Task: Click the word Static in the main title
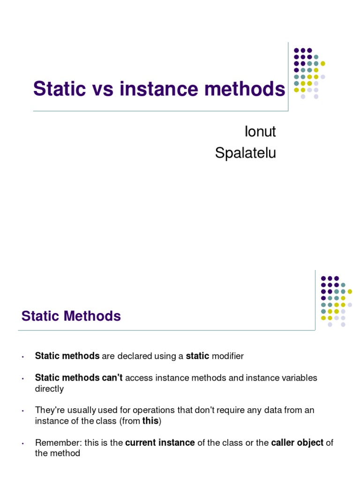tap(60, 89)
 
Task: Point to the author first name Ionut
tap(260, 132)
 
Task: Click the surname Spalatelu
tap(246, 153)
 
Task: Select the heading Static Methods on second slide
tap(71, 316)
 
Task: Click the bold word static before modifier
tap(197, 356)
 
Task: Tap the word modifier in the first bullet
tap(228, 356)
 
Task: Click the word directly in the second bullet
tap(49, 389)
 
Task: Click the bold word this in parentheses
tap(150, 421)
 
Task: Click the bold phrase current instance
tap(160, 442)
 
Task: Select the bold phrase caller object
tap(297, 442)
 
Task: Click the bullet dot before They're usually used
tap(23, 411)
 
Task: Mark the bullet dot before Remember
tap(23, 443)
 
